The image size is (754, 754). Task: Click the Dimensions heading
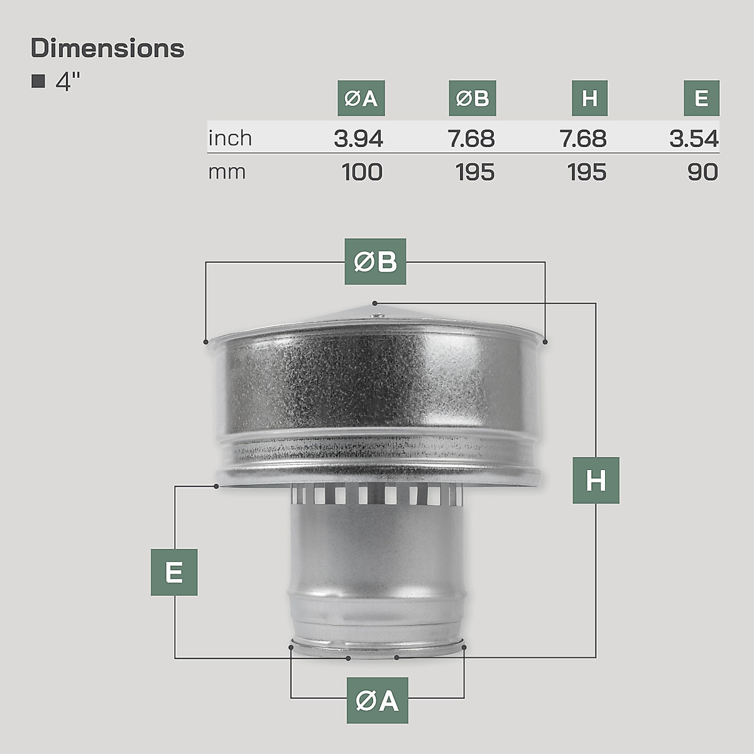(x=107, y=48)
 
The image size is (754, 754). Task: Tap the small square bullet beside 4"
(x=38, y=81)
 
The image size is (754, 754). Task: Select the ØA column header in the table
(x=361, y=98)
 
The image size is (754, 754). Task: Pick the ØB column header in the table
(x=473, y=98)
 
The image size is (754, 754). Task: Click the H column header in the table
(x=589, y=98)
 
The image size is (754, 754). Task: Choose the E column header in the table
(x=701, y=98)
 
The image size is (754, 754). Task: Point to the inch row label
(x=230, y=138)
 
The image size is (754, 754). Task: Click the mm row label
(x=227, y=172)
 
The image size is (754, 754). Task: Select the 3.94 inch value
(x=358, y=138)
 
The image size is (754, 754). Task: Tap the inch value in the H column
(x=583, y=138)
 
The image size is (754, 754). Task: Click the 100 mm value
(x=362, y=172)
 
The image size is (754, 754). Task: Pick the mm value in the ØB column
(x=475, y=172)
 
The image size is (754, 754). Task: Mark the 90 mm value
(x=702, y=172)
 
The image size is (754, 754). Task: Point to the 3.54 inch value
(x=694, y=138)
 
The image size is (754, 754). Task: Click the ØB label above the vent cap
(x=375, y=261)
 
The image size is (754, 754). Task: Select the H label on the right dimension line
(x=596, y=481)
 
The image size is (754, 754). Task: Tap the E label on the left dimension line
(x=174, y=572)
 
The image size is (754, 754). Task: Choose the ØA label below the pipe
(x=377, y=700)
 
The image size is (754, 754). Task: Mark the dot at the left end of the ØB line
(x=206, y=342)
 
